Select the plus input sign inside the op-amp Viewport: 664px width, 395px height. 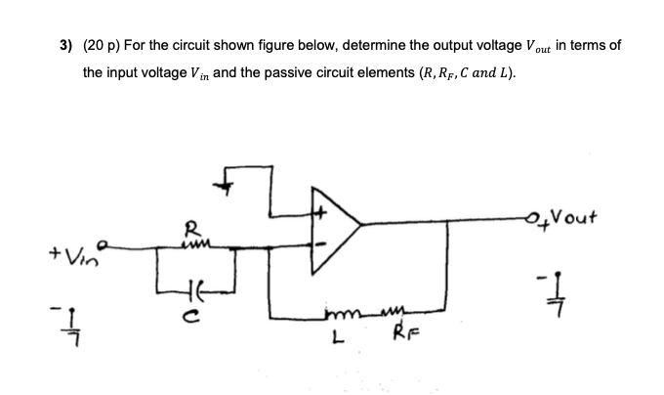318,207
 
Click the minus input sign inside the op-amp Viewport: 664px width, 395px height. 317,243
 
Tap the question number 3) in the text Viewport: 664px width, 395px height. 64,47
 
